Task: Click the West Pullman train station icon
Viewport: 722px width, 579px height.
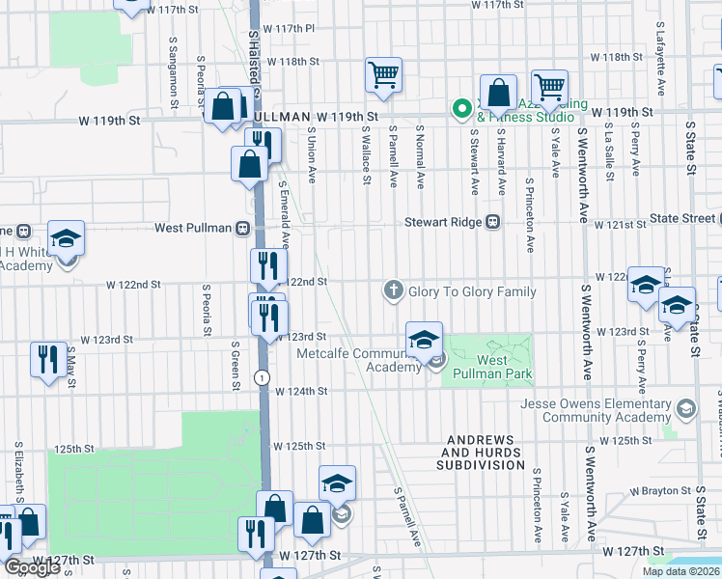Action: click(243, 229)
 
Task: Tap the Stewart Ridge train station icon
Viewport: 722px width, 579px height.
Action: click(493, 221)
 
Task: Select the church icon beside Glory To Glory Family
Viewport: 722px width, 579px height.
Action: click(393, 289)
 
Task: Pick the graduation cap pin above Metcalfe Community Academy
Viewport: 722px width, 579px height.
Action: click(424, 340)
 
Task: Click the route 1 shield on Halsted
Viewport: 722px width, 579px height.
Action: click(261, 375)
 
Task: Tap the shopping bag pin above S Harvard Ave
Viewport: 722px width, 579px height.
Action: click(498, 95)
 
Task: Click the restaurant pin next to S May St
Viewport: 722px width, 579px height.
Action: click(46, 359)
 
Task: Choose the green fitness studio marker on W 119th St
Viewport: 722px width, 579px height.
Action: click(461, 107)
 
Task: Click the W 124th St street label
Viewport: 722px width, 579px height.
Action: click(301, 392)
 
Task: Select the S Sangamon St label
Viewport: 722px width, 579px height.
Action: click(173, 66)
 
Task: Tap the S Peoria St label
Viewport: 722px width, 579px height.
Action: click(207, 309)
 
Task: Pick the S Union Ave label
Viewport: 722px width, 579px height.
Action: click(312, 154)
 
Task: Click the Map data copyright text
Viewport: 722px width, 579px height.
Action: click(680, 571)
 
